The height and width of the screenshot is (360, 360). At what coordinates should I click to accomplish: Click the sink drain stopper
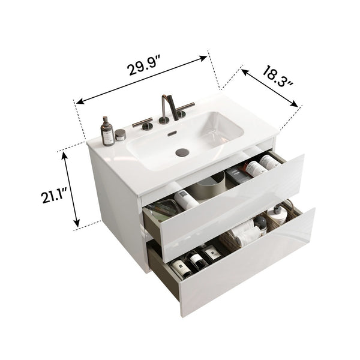182,152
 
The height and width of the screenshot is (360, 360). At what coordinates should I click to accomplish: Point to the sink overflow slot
174,133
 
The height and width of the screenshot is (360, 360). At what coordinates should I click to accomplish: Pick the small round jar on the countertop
121,135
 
